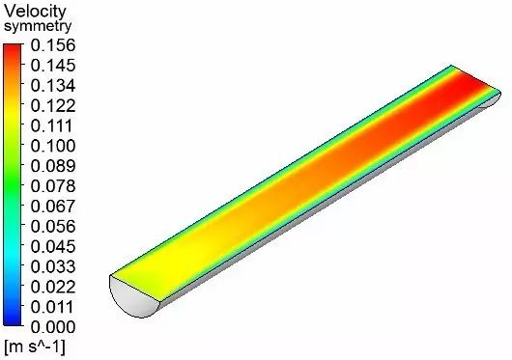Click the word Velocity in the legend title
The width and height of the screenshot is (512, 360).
35,12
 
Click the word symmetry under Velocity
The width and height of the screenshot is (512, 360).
38,26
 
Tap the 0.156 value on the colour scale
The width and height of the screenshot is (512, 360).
53,45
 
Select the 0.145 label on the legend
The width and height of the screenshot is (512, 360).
53,66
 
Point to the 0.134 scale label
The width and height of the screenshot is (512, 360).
53,86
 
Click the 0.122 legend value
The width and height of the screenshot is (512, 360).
53,105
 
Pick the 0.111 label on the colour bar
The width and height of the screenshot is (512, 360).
51,125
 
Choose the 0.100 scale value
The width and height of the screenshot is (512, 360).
53,146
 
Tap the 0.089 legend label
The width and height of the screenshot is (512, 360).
53,166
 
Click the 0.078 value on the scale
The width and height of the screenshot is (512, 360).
53,186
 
